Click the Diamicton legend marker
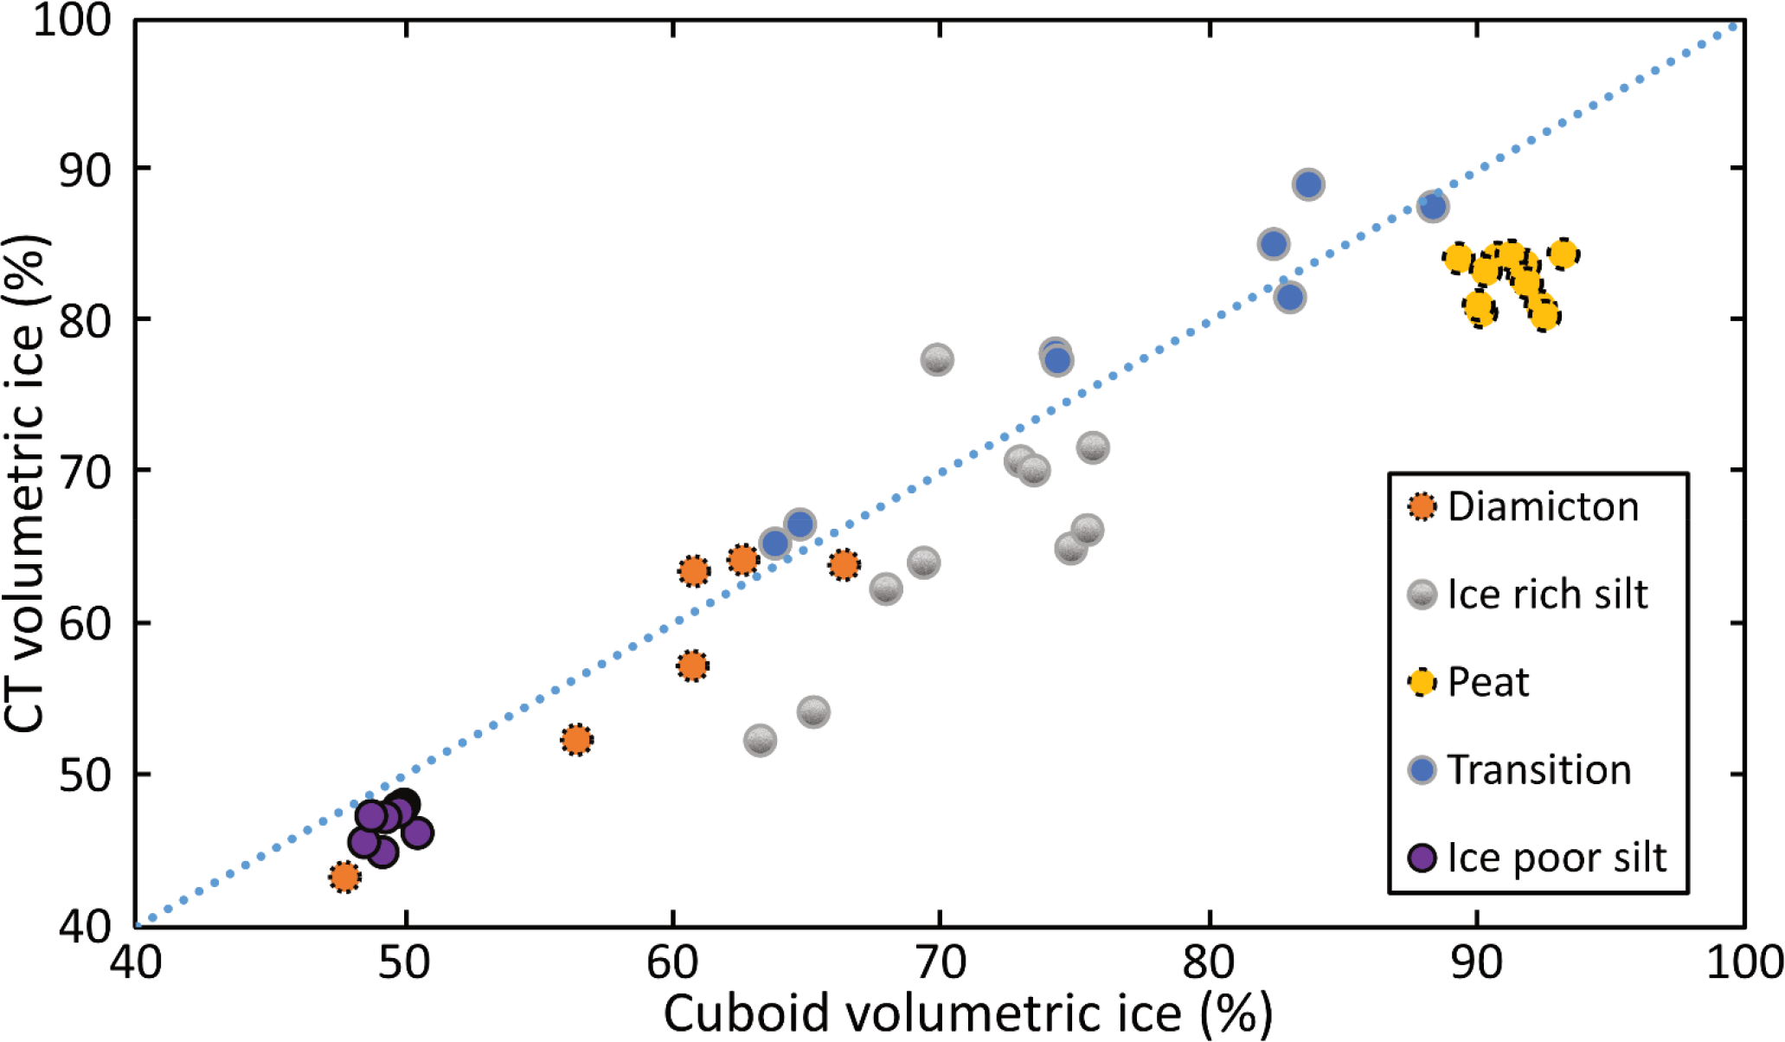(1422, 506)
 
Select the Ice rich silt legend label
(1547, 595)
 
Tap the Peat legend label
(1488, 682)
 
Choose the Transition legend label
(1539, 769)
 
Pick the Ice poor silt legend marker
(1422, 858)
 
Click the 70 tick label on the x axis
(940, 962)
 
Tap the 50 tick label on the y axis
(85, 775)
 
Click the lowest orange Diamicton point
(344, 877)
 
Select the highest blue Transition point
(1308, 184)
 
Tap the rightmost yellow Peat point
(1563, 254)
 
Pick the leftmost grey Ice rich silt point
(760, 741)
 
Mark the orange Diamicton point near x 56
(576, 740)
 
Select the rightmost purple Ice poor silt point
(417, 833)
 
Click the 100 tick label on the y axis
(74, 19)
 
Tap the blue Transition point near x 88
(1433, 207)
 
